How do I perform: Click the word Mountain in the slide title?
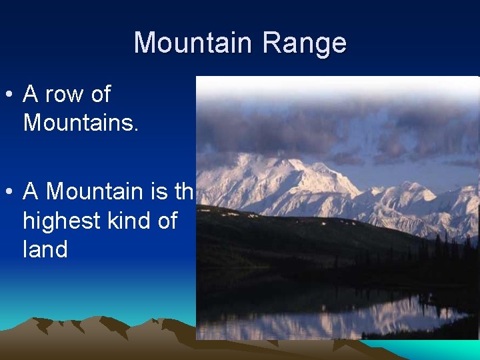coord(193,43)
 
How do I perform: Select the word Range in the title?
coord(304,43)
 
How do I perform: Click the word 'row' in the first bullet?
coord(65,95)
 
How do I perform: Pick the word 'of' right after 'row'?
coord(100,95)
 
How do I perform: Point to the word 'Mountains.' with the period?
coord(81,123)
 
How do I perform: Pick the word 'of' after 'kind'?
coord(167,221)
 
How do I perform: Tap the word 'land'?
coord(45,249)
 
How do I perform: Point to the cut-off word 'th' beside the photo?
coord(184,192)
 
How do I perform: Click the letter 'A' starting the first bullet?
coord(31,95)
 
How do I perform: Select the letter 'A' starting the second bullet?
coord(31,192)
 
